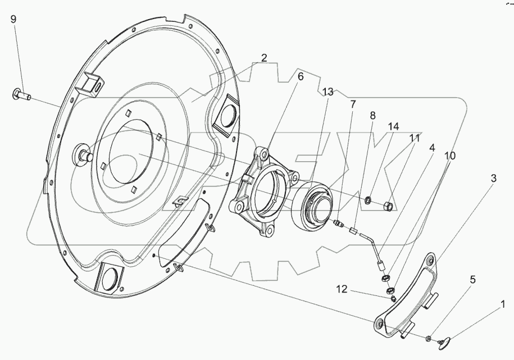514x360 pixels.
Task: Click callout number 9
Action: pos(13,19)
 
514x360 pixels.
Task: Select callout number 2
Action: pos(263,57)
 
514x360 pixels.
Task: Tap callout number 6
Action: pos(301,76)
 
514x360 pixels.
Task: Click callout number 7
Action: pos(353,104)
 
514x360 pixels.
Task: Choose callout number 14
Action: pos(393,127)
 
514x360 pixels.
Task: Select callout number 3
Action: pos(493,179)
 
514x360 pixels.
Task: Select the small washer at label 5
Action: pos(429,338)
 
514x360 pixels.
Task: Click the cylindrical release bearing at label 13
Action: pos(314,204)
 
